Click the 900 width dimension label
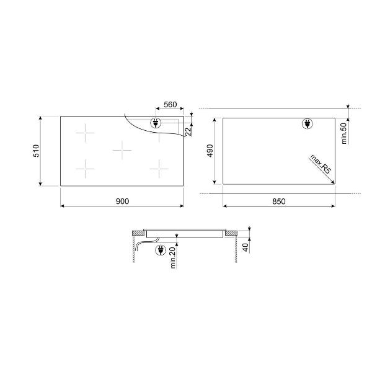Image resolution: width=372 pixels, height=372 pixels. click(x=122, y=201)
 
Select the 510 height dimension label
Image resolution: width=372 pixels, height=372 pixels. click(x=36, y=151)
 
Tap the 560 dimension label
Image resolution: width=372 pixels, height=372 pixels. click(x=170, y=104)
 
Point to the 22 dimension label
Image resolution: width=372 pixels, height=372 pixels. click(x=188, y=131)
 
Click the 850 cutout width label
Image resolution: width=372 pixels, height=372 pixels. click(x=279, y=201)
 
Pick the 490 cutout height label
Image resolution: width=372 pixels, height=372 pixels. click(x=210, y=151)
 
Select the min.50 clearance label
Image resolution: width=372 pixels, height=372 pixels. click(x=343, y=133)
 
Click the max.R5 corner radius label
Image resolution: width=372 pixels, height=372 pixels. click(x=320, y=164)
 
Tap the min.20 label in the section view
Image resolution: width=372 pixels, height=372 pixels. click(x=173, y=258)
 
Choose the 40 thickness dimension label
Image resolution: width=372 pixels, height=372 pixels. click(x=246, y=247)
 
